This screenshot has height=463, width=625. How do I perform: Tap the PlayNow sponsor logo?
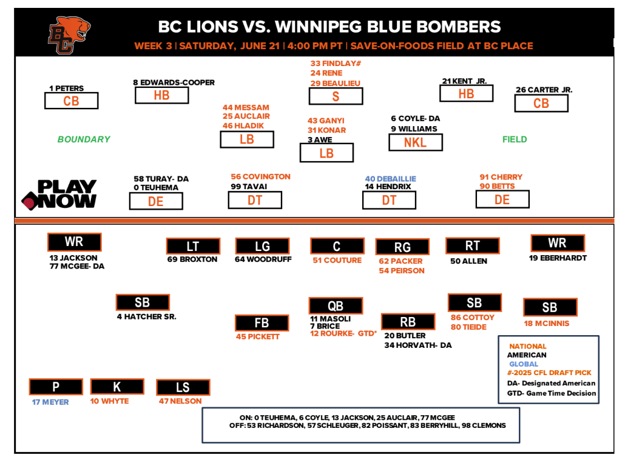(59, 194)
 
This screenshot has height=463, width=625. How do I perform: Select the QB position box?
(336, 306)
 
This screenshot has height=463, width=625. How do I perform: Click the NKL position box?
(415, 142)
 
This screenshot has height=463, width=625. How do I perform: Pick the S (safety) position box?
(336, 96)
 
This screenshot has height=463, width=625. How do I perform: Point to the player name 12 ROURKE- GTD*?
(343, 333)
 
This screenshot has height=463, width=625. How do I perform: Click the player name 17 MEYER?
(51, 402)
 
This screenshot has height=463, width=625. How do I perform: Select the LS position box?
(183, 387)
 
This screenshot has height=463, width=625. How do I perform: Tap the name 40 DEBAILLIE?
(390, 179)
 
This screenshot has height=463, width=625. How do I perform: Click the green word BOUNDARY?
(84, 139)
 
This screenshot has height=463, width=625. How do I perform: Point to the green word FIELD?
(515, 139)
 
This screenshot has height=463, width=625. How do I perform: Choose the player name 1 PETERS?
(67, 88)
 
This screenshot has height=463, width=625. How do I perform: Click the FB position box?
(262, 323)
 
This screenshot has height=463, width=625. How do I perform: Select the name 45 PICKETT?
(258, 336)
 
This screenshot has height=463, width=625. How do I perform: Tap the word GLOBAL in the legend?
(524, 364)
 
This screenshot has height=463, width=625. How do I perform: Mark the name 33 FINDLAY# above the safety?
(336, 63)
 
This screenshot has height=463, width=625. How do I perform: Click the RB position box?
(407, 322)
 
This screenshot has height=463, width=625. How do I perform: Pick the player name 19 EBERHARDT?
(558, 258)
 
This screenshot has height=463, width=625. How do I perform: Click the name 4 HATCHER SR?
(146, 316)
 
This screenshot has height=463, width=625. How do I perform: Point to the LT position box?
(193, 246)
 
